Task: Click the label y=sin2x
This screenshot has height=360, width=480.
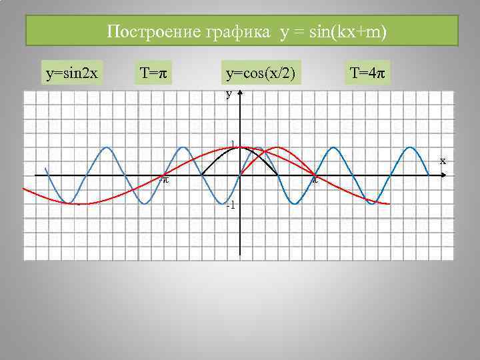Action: [72, 73]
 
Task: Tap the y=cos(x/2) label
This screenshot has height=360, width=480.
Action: [260, 73]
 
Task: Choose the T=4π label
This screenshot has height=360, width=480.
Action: [367, 73]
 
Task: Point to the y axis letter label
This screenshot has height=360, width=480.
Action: [229, 95]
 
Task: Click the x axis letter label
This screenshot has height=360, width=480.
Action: [442, 161]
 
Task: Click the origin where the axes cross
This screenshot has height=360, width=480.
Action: [239, 175]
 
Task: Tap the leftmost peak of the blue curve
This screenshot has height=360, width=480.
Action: [105, 147]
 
